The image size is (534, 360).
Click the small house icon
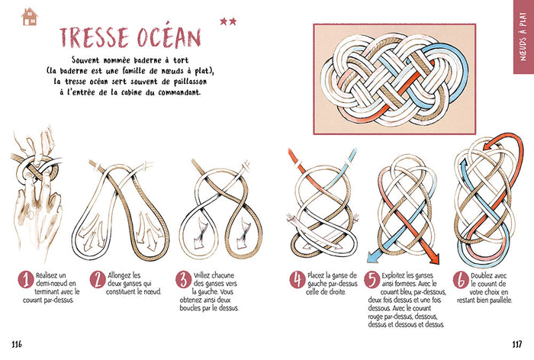pos(30,17)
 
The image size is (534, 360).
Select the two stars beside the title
pos(228,21)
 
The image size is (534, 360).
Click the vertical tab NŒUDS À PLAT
pos(523,37)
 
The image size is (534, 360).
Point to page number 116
pos(17,344)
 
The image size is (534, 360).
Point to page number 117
pos(517,344)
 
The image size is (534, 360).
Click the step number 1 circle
pos(26,280)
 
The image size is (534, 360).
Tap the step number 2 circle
pos(98,280)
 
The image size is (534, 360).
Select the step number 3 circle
pos(184,280)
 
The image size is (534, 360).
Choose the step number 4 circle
pos(298,280)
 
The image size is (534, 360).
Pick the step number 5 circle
pos(372,280)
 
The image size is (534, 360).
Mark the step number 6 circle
pos(461,280)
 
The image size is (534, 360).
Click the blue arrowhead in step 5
pos(374,256)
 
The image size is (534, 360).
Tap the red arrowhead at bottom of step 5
pos(433,258)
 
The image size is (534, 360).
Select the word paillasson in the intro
pos(188,82)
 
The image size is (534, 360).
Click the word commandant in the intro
pos(179,92)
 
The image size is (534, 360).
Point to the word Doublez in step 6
pos(483,275)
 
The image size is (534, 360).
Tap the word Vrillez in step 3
pos(204,275)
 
